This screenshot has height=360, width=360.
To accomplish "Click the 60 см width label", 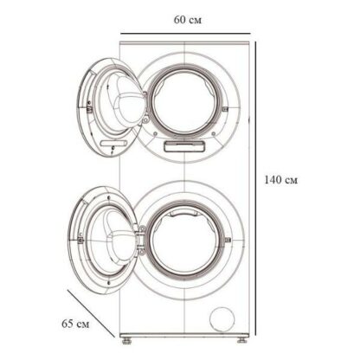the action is point(188,20).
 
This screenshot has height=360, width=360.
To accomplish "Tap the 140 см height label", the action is point(280,180).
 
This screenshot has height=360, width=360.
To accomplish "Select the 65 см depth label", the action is point(75,324).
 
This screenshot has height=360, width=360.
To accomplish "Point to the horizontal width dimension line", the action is point(185,34).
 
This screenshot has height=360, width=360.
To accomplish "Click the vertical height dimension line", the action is point(255,189).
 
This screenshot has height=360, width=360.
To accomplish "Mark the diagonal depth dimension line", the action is point(91,313).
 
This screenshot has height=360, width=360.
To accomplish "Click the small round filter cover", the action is point(222,319).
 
